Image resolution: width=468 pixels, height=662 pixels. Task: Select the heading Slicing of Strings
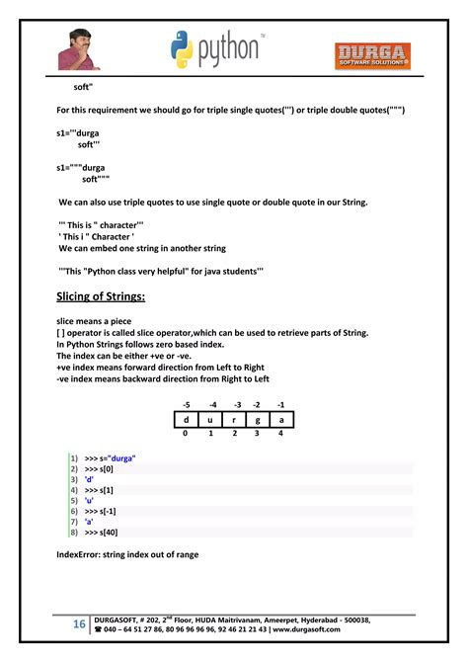click(101, 296)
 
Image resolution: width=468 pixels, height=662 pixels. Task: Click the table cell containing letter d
click(186, 419)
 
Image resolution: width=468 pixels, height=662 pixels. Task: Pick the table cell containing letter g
click(257, 419)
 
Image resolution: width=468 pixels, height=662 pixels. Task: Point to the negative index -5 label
click(185, 404)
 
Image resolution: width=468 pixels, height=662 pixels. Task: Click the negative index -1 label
click(280, 404)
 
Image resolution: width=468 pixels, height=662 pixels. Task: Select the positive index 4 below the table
click(280, 434)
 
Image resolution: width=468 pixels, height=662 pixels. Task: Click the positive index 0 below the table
click(186, 434)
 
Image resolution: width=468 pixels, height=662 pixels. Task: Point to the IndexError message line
click(127, 554)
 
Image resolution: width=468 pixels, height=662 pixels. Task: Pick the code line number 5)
click(72, 500)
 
